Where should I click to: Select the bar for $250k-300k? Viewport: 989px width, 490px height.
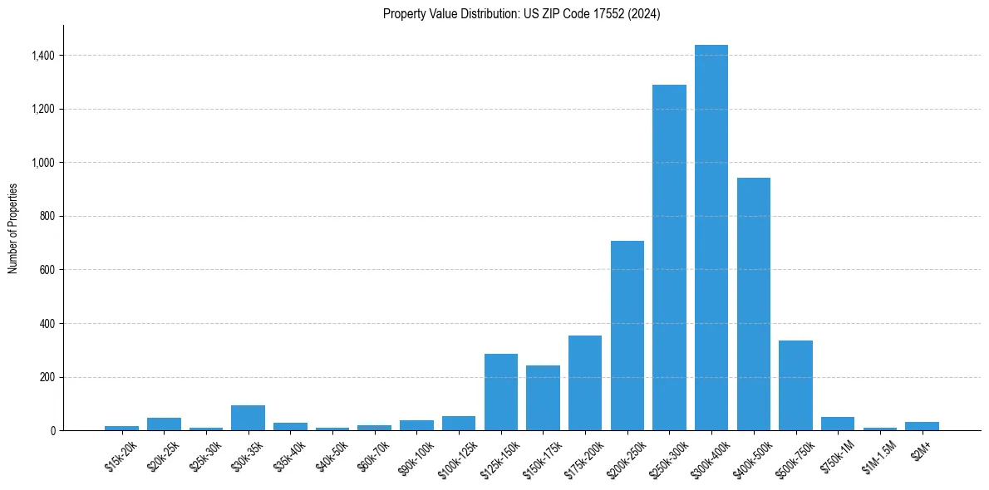pos(669,257)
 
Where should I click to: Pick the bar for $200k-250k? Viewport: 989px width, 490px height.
pos(627,336)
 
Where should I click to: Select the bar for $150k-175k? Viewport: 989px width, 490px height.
pos(543,398)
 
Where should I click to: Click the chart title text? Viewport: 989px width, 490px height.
pos(521,14)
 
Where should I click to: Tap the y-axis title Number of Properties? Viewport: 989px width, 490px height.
pos(12,228)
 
